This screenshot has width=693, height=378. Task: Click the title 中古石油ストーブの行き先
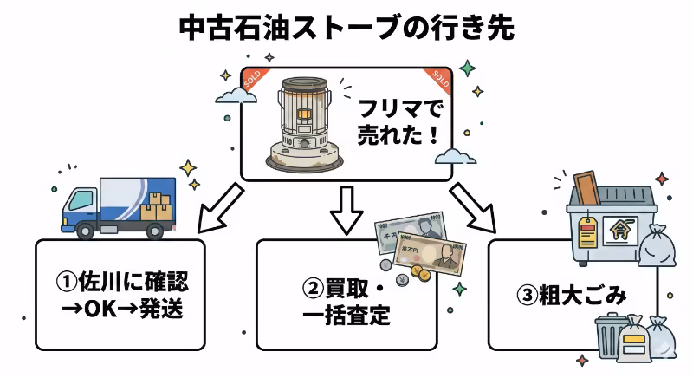tap(346, 26)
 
